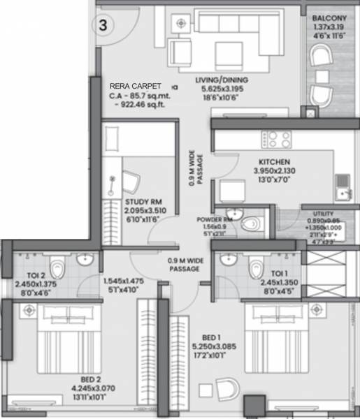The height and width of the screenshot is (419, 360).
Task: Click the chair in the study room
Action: coord(131,181)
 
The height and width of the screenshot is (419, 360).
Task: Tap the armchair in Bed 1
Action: coord(227,387)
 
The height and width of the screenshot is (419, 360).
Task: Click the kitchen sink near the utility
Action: coord(343,184)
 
